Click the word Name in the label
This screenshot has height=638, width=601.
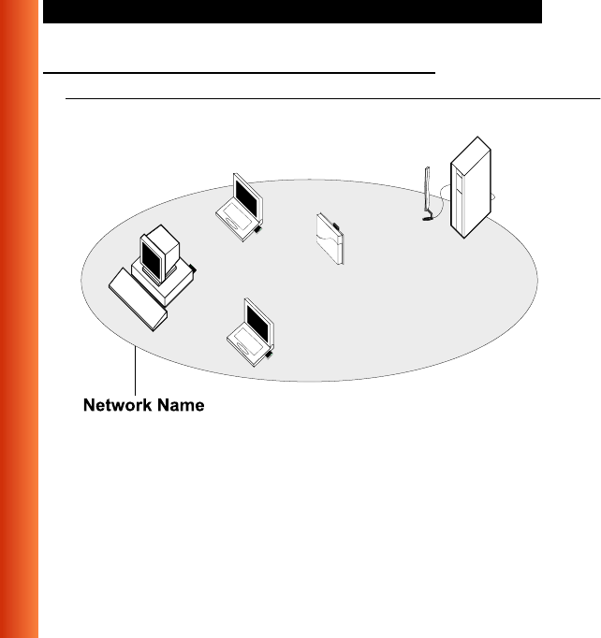(180, 406)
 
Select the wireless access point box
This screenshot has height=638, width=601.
(331, 239)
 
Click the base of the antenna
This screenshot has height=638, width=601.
(428, 219)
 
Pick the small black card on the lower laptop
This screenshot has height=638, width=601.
(268, 355)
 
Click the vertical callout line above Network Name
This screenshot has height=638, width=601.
(138, 369)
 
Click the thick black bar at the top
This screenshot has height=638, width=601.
(292, 11)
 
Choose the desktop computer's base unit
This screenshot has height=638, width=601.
(165, 284)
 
